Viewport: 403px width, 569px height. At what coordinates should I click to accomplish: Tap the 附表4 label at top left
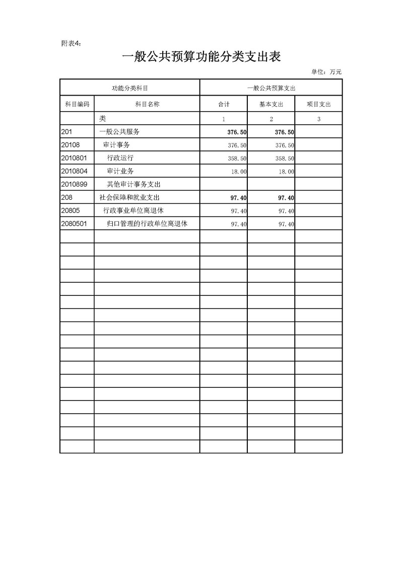(71, 44)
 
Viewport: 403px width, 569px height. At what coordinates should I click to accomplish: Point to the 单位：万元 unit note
(326, 72)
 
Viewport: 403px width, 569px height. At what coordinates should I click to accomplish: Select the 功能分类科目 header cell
(129, 88)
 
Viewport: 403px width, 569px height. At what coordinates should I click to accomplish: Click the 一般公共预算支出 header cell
(271, 88)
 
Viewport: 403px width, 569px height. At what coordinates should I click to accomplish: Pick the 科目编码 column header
(77, 104)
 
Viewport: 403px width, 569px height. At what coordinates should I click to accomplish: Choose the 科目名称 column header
(147, 104)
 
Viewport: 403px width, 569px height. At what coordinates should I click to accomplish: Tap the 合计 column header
(224, 104)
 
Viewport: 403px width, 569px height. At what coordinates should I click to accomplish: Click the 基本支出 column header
(271, 104)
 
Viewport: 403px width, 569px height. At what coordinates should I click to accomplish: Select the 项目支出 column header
(319, 104)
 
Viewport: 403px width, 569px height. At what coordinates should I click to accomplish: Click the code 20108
(71, 145)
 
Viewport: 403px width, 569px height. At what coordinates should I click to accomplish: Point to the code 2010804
(74, 171)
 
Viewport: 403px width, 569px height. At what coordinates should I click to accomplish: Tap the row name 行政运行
(120, 158)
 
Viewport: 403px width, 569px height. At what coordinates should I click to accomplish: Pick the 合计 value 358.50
(237, 158)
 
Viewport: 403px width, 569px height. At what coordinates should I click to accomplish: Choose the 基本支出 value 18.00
(287, 172)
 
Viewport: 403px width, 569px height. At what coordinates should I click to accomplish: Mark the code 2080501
(74, 224)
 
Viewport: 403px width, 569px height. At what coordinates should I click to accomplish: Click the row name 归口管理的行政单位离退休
(147, 224)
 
